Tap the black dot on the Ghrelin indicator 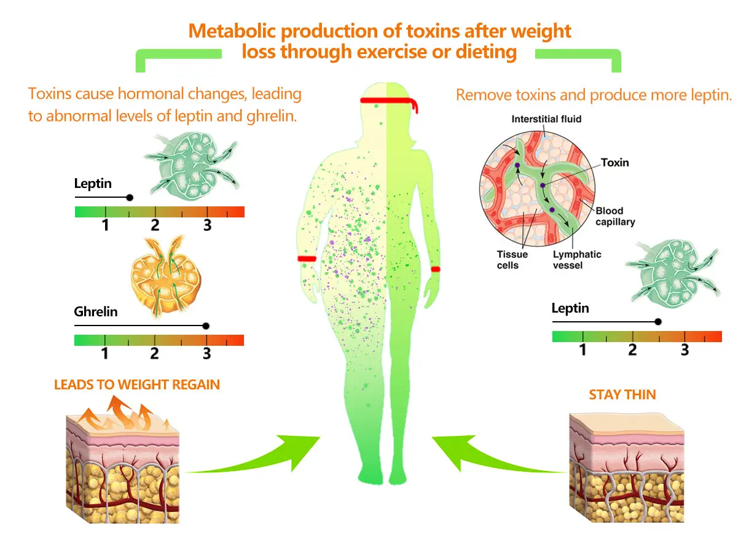tap(206, 326)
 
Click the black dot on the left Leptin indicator tap(129, 198)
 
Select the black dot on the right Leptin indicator tap(658, 321)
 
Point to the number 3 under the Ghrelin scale tap(207, 354)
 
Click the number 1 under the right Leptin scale tap(583, 350)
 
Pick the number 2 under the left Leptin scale tap(155, 225)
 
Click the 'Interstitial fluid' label tap(546, 119)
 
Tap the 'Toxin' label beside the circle tap(614, 163)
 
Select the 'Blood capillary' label tap(615, 217)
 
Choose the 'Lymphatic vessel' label tap(577, 260)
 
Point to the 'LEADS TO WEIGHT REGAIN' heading tap(137, 385)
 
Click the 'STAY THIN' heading tap(622, 394)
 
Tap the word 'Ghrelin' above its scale tap(96, 312)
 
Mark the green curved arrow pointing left tap(492, 458)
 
